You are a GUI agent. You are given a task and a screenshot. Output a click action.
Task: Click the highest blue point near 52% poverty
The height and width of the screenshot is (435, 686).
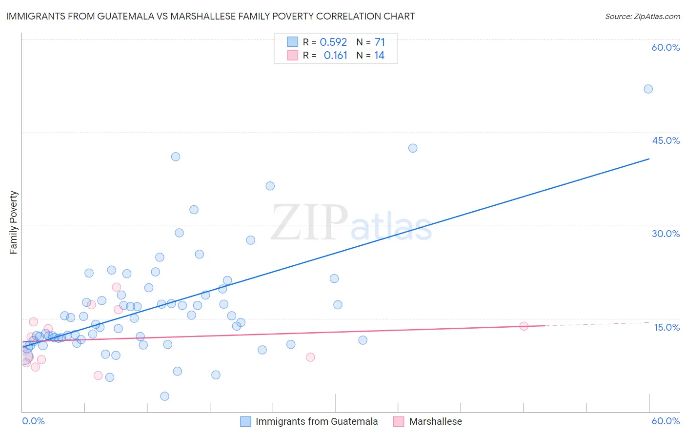click(648, 89)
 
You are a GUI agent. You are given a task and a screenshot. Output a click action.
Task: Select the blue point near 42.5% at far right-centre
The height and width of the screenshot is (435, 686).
click(413, 148)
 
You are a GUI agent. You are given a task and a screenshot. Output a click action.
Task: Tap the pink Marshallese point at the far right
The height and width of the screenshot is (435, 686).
click(524, 326)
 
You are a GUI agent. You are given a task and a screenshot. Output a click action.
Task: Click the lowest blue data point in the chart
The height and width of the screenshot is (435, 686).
click(164, 396)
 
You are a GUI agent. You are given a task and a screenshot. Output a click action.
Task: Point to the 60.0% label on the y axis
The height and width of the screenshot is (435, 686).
click(666, 48)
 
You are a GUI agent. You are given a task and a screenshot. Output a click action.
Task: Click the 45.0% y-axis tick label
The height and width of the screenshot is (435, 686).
click(666, 140)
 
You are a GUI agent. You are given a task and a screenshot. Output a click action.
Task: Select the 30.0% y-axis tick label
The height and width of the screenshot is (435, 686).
click(666, 234)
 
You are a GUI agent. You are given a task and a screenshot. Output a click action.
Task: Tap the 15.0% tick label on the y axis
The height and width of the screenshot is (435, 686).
click(666, 327)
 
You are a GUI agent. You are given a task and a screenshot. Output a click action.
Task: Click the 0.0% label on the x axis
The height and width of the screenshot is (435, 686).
click(33, 421)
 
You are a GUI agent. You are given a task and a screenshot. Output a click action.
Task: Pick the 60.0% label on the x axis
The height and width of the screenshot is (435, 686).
click(666, 421)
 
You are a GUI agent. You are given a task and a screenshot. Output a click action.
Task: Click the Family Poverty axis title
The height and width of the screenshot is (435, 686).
click(14, 222)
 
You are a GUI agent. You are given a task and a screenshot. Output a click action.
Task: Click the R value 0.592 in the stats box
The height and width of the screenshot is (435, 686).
click(333, 42)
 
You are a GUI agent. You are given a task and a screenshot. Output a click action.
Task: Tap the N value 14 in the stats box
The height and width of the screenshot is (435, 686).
click(379, 56)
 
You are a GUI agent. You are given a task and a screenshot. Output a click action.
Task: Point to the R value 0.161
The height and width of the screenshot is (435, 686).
click(335, 56)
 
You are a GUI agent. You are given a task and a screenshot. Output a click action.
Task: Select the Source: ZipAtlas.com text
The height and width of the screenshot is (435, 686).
click(642, 16)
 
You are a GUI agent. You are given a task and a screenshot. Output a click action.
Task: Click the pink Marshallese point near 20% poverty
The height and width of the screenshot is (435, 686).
click(116, 287)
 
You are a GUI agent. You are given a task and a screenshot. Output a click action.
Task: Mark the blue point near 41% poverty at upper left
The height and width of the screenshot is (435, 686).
click(176, 157)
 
